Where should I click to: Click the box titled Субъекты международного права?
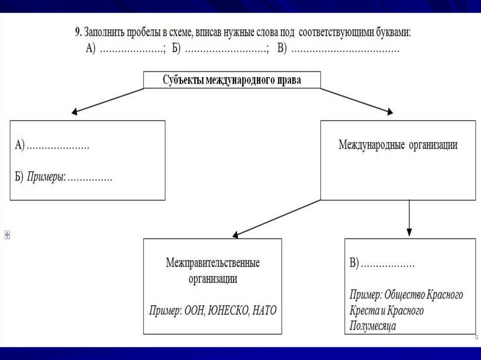coord(232,80)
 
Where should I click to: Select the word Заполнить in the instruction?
coord(101,32)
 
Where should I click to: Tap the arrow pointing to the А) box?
coord(108,100)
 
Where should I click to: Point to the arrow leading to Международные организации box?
coord(357,100)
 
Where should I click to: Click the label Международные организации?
coord(398,145)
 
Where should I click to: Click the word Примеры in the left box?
coord(46,177)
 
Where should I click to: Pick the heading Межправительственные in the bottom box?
coord(212,262)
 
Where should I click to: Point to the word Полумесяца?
coord(372,326)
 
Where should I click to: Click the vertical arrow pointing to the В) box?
coord(409,217)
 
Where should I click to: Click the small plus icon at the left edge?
coord(7,234)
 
